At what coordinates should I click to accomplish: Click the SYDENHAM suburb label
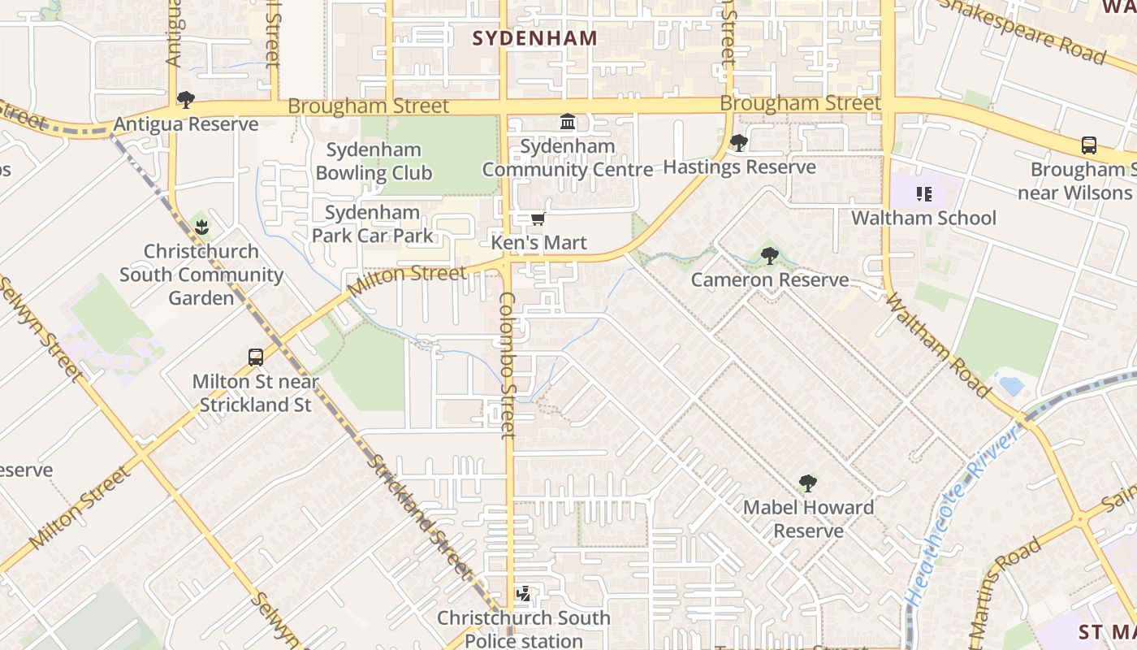point(534,38)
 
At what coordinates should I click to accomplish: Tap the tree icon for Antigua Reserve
point(186,100)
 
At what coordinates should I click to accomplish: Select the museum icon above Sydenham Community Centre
point(568,122)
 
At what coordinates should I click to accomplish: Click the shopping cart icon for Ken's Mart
point(538,219)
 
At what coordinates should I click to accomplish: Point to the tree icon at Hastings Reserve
point(738,143)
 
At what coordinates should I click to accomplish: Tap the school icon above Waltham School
point(923,194)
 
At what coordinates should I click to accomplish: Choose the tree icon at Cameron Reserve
point(770,256)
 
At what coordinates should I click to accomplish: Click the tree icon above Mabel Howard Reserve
point(807,483)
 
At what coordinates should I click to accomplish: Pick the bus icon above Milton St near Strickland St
point(256,357)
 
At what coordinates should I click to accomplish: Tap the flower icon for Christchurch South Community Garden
point(201,227)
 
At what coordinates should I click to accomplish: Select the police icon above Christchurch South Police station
point(524,594)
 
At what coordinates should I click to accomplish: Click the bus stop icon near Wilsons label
point(1089,145)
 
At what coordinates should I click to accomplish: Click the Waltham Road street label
point(937,346)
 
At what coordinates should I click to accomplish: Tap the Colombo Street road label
point(508,366)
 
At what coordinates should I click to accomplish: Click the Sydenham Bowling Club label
point(374,161)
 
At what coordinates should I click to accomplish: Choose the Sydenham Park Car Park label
point(373,224)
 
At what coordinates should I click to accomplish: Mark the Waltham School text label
point(923,218)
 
